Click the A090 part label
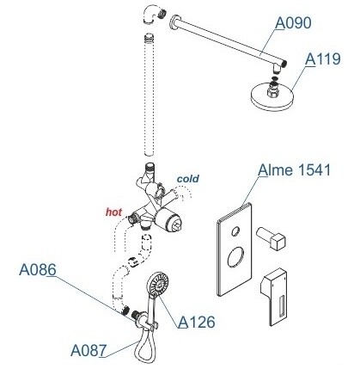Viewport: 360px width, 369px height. pos(293,23)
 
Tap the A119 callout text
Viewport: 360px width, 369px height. pos(323,59)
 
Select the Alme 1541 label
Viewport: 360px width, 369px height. pos(294,170)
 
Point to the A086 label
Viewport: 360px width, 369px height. pos(38,270)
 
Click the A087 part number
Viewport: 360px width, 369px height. pos(88,350)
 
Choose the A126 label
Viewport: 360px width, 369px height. pos(197,322)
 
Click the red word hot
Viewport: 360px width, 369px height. pos(113,212)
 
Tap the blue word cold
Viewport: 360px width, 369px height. pos(188,179)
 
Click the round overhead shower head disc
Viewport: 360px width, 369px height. pos(272,96)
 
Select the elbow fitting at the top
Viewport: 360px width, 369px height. pos(153,15)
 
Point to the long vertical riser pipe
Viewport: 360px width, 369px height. pos(149,95)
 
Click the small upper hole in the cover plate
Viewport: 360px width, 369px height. pos(236,231)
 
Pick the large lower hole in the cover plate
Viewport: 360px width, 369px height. pos(236,257)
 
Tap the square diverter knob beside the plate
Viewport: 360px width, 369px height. pos(272,237)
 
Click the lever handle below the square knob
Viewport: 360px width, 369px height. pos(274,297)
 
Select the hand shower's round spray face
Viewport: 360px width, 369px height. pos(158,284)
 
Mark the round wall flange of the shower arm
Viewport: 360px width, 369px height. pos(174,22)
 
